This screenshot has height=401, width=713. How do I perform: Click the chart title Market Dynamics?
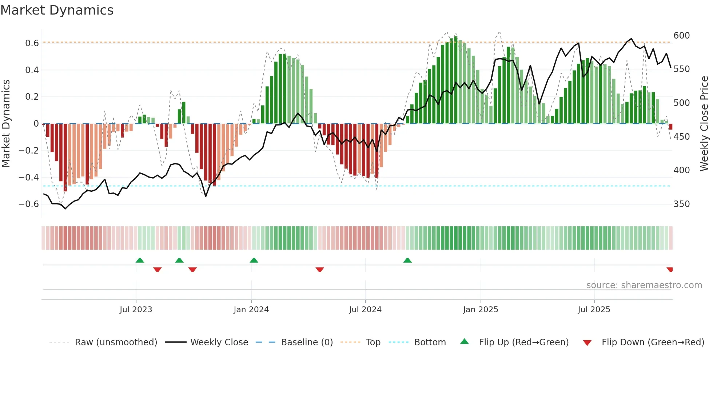coord(57,10)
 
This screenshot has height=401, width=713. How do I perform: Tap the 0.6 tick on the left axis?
coord(32,43)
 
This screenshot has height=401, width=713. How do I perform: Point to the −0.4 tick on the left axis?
coord(28,178)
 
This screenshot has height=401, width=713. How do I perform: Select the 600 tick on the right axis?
coord(682,36)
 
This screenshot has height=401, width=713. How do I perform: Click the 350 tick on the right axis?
coord(682,204)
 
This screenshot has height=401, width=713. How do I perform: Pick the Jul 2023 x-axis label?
coord(136,310)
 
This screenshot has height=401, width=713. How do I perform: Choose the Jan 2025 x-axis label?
coord(480,310)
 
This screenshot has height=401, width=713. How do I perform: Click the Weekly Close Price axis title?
coord(704,124)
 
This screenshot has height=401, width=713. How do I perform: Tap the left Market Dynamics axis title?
coord(6,124)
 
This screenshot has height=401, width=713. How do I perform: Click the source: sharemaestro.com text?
coord(644,285)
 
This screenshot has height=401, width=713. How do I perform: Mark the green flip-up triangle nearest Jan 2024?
coord(254,261)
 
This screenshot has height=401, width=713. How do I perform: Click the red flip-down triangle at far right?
coord(670,270)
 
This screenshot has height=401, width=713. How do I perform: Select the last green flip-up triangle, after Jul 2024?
coord(407,261)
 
